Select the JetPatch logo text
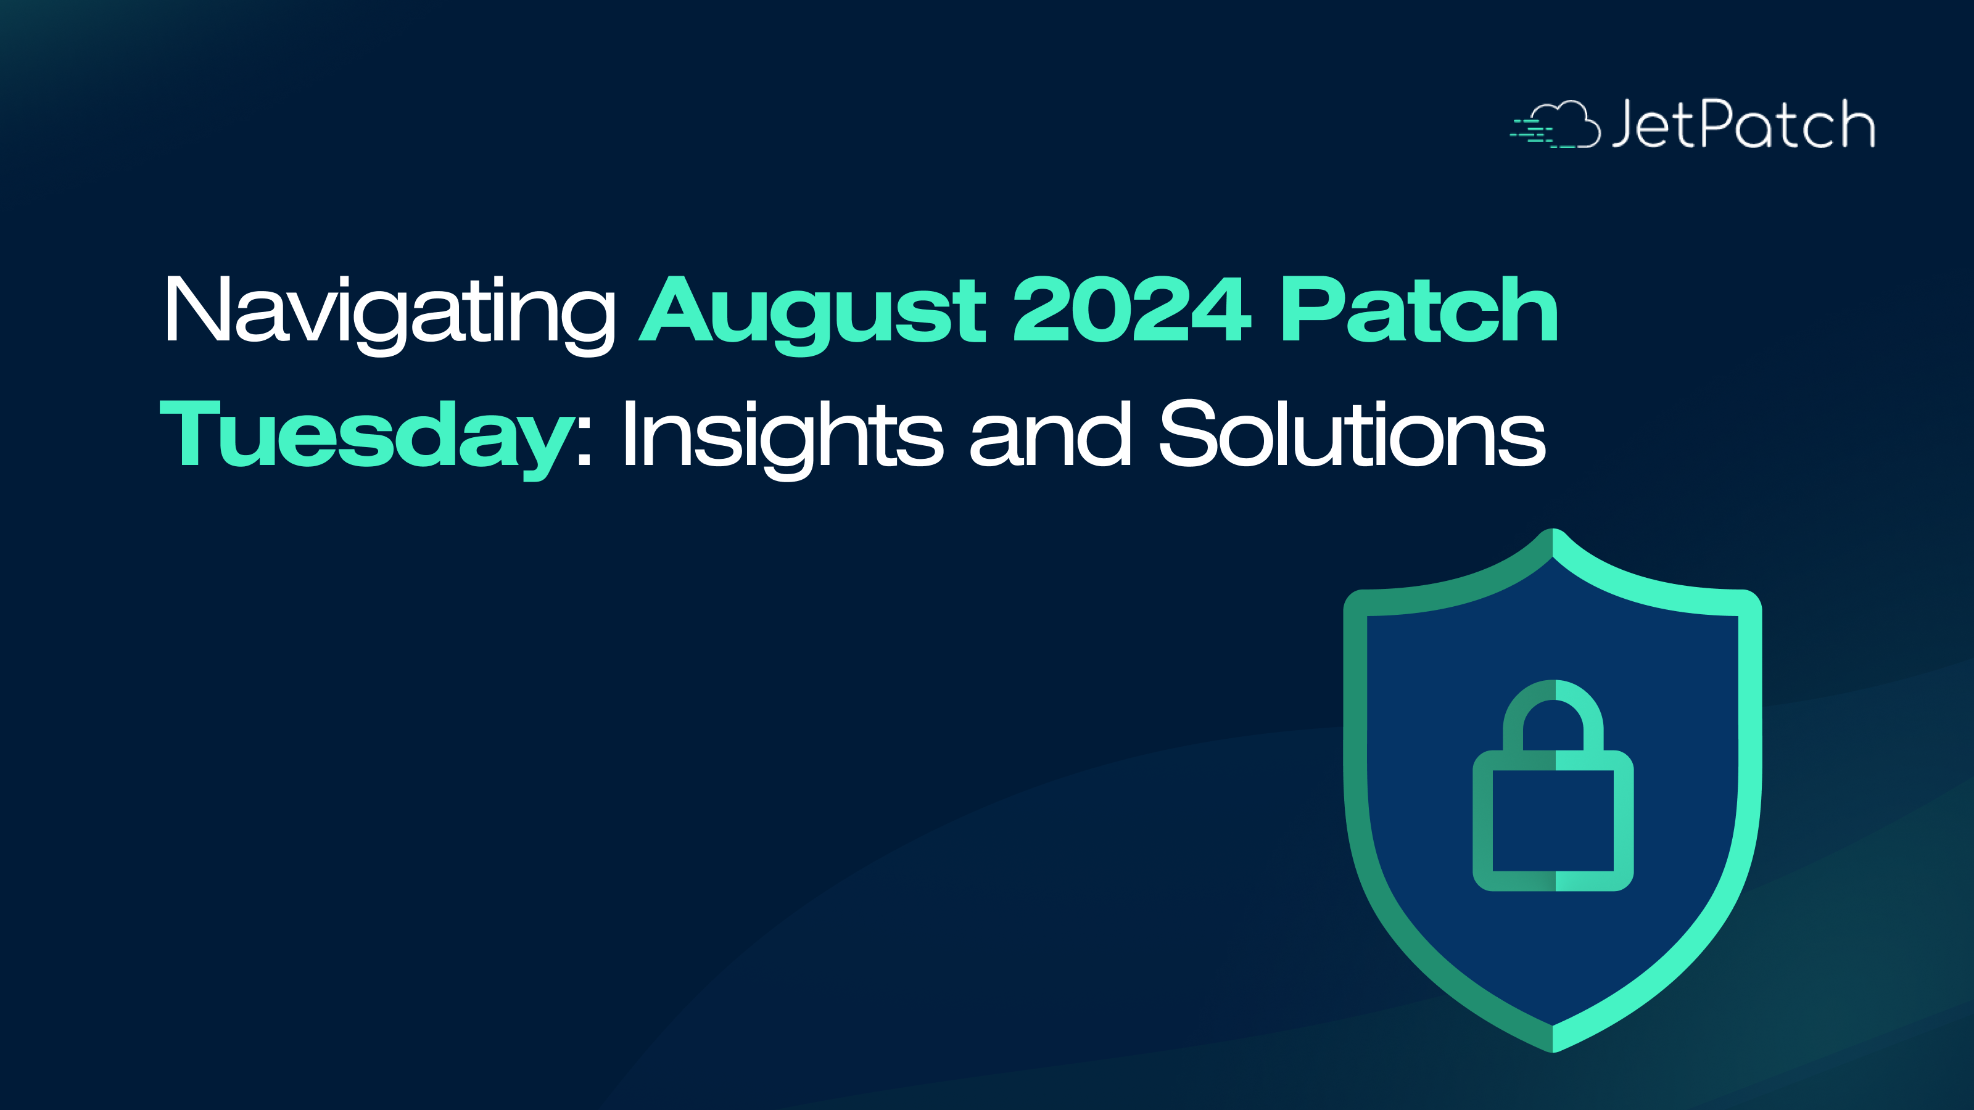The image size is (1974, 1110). [1743, 123]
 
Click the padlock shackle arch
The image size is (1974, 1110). [1553, 689]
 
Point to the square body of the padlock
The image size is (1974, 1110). [1553, 820]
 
